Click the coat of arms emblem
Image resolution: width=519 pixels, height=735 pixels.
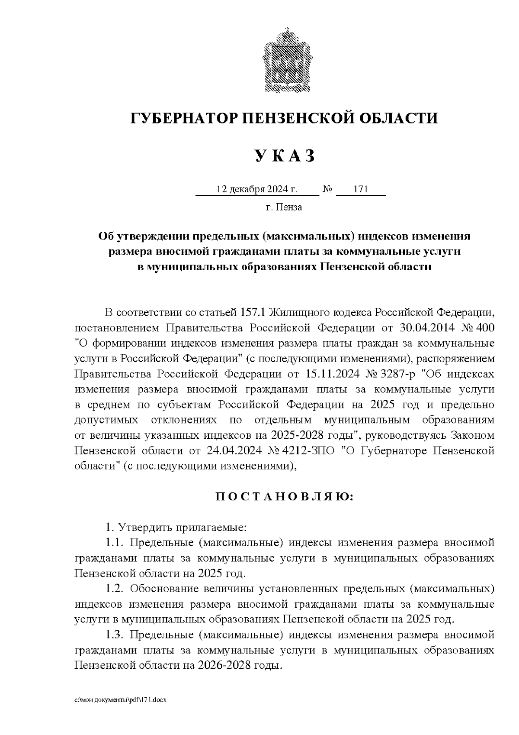285,60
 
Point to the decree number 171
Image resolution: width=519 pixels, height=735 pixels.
360,190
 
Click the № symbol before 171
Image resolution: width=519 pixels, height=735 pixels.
327,190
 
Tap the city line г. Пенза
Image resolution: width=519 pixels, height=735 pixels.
284,207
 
